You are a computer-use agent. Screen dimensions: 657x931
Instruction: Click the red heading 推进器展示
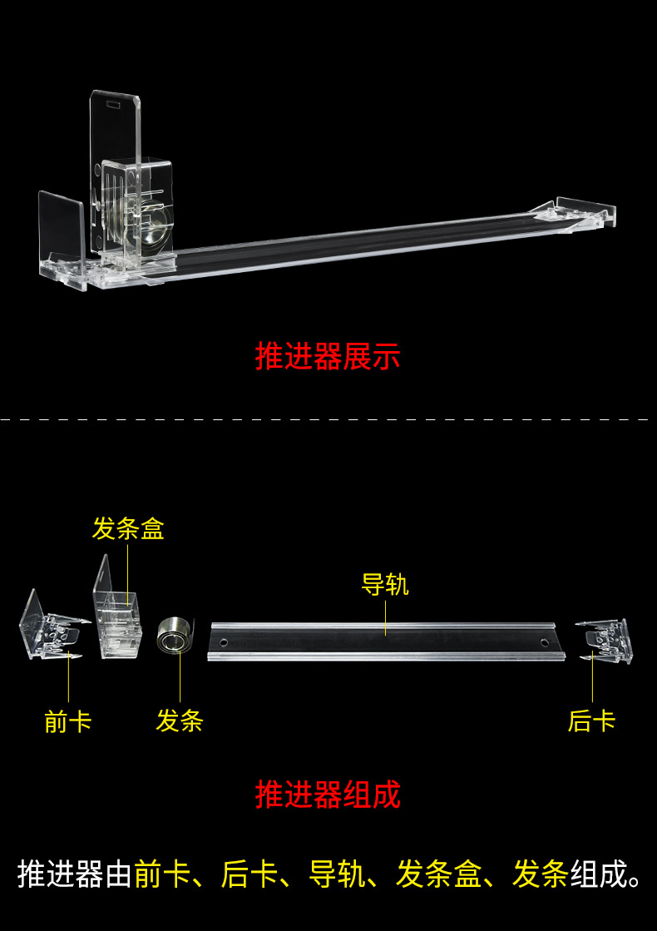[x=328, y=357]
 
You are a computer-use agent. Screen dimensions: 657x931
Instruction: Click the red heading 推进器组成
[x=328, y=795]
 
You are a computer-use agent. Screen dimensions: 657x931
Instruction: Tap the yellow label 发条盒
[x=128, y=528]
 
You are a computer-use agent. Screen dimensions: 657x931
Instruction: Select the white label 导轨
[x=385, y=584]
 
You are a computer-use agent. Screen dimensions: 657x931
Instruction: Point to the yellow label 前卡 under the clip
[x=68, y=721]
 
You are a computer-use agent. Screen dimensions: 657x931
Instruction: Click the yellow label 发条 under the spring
[x=179, y=721]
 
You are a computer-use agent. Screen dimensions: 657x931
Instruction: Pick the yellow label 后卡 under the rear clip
[x=591, y=721]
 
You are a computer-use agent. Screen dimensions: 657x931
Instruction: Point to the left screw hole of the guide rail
[x=224, y=642]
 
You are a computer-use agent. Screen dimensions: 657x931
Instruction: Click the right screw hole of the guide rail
[x=545, y=642]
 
